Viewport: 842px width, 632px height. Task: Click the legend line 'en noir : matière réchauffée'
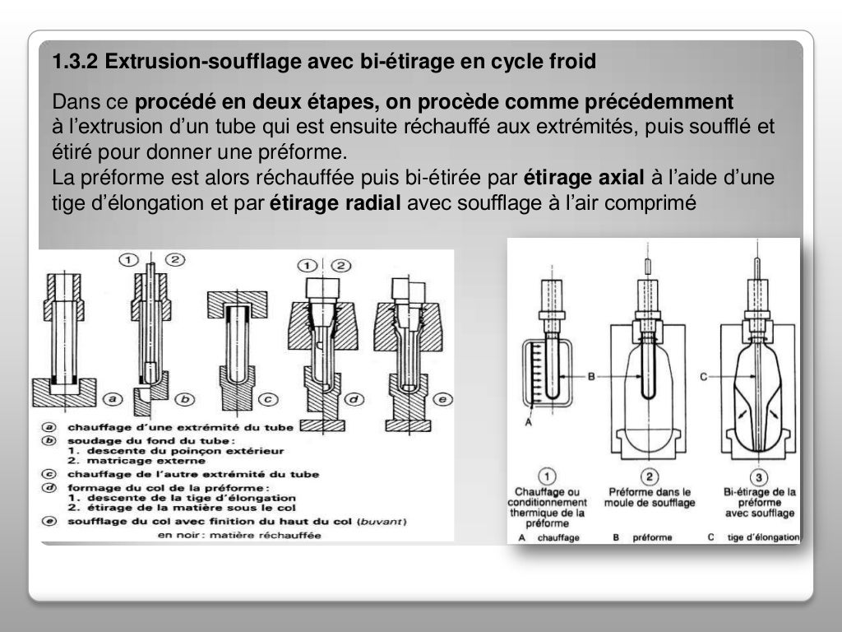point(239,534)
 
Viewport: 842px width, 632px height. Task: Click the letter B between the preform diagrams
point(590,376)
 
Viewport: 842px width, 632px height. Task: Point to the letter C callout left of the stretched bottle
point(704,376)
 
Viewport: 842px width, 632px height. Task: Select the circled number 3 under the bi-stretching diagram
point(759,476)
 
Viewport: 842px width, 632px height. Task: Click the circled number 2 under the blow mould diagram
point(649,476)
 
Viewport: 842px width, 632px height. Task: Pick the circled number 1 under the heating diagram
point(547,476)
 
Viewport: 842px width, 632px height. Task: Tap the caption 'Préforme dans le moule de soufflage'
point(650,497)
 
